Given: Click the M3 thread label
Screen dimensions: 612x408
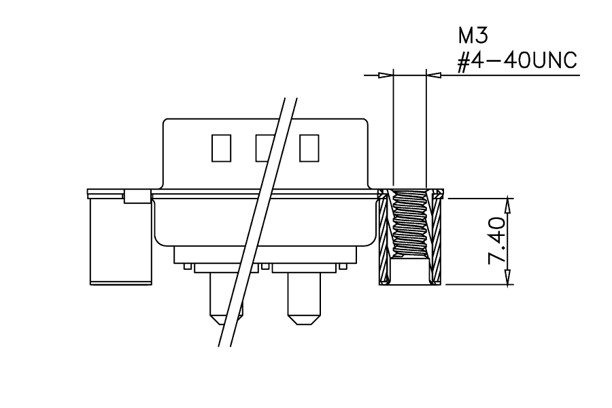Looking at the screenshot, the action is [x=473, y=36].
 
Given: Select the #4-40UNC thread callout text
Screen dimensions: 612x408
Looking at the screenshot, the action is [x=517, y=61].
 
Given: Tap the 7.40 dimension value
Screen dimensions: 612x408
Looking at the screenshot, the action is [x=497, y=241].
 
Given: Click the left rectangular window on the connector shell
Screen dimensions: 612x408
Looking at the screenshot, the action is [x=221, y=148].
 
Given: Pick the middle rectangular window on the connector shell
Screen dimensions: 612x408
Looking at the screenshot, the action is [x=265, y=148].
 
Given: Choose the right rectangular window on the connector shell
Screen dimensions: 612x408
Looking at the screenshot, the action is [x=309, y=148].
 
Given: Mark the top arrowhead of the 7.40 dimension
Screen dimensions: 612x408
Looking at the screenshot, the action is [x=508, y=205].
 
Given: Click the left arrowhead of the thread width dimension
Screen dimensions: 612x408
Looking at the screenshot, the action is [x=386, y=75].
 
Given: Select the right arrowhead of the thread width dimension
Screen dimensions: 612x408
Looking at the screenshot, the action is [x=434, y=75].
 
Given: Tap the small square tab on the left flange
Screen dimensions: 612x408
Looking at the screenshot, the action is [x=137, y=197].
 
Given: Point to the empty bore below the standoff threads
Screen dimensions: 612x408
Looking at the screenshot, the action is [x=410, y=271].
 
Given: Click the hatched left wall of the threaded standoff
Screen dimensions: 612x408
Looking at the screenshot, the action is [x=384, y=237].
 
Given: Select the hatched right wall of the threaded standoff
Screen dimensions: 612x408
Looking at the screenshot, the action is [x=435, y=237].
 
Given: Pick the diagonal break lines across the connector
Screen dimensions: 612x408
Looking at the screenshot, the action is [x=258, y=222].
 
